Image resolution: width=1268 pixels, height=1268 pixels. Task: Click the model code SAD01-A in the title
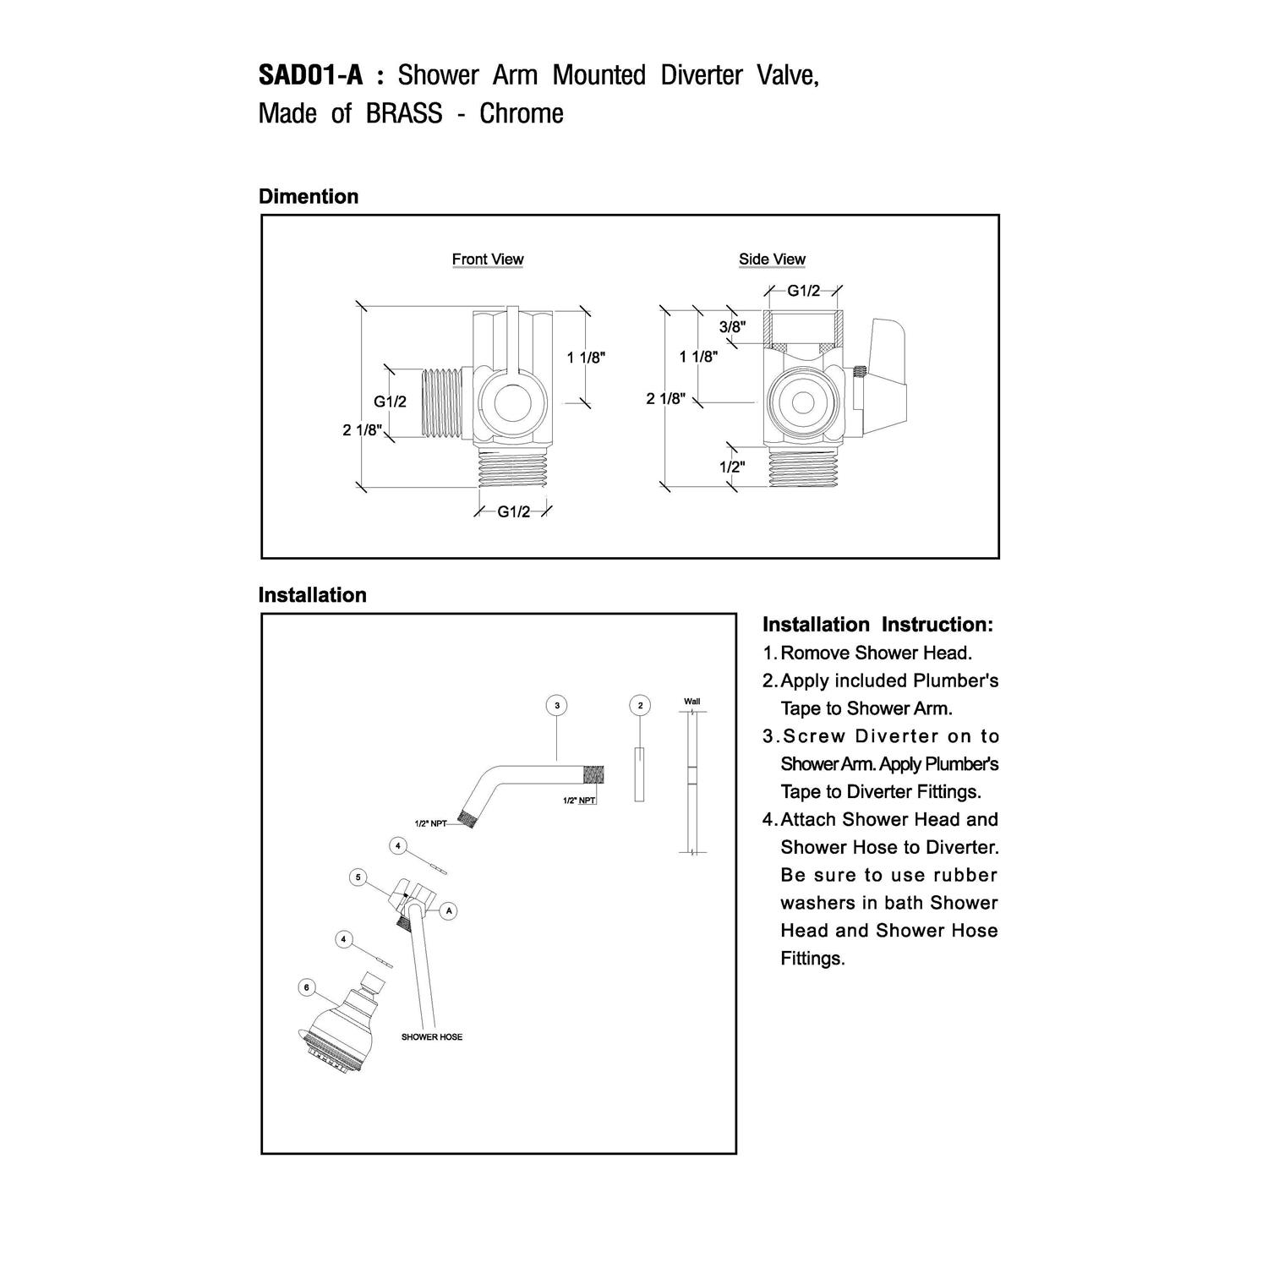[310, 75]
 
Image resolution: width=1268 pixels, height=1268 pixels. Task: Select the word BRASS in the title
[404, 113]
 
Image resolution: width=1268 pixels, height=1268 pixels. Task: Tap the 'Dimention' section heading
[309, 196]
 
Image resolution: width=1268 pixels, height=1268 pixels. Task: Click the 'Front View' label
[488, 260]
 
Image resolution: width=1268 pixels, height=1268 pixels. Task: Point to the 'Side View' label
[772, 260]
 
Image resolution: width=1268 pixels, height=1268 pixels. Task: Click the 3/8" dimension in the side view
[732, 326]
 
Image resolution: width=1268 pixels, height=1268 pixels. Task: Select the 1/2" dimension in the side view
[732, 467]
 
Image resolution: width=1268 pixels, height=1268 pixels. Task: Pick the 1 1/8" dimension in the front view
[586, 358]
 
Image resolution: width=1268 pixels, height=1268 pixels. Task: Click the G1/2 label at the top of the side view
[803, 291]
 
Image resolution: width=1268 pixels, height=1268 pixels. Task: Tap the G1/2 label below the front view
[513, 511]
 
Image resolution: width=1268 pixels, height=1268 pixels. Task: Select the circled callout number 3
[556, 705]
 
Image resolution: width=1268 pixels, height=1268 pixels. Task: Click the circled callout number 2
[640, 705]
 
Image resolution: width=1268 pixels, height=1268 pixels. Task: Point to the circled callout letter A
[449, 910]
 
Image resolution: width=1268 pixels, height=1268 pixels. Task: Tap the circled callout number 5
[358, 877]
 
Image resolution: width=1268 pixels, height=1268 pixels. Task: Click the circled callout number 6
[307, 987]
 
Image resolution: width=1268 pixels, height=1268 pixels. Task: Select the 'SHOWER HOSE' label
[431, 1036]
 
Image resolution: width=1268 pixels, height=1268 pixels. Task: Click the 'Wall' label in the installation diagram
[691, 702]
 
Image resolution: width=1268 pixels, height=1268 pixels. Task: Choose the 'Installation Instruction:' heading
[877, 625]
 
